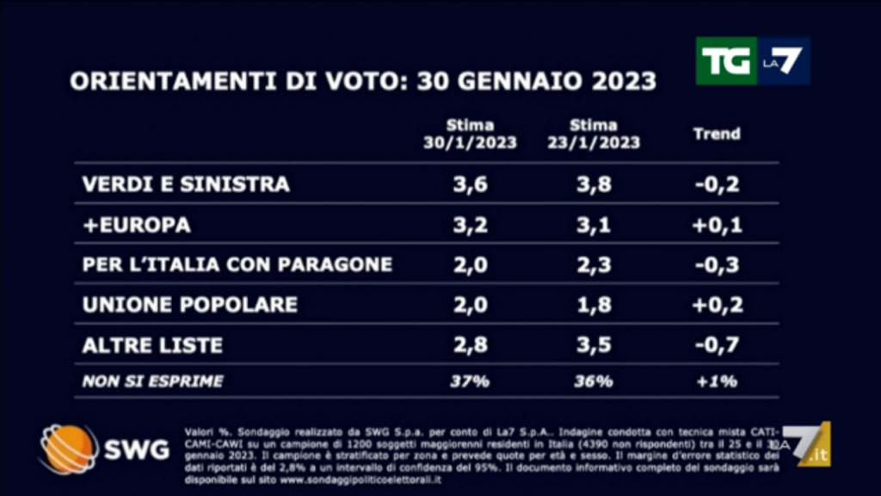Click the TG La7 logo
pyautogui.click(x=753, y=61)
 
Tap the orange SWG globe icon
pyautogui.click(x=68, y=449)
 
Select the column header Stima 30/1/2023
pyautogui.click(x=470, y=134)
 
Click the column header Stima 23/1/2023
pyautogui.click(x=594, y=134)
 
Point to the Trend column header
pyautogui.click(x=717, y=134)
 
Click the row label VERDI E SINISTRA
pyautogui.click(x=186, y=184)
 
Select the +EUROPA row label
pyautogui.click(x=137, y=225)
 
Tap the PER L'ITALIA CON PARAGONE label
pyautogui.click(x=237, y=264)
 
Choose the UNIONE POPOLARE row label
pyautogui.click(x=190, y=304)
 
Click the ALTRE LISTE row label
pyautogui.click(x=152, y=345)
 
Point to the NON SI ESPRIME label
pyautogui.click(x=152, y=381)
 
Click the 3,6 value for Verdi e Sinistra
pyautogui.click(x=469, y=184)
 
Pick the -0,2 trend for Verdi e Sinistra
pyautogui.click(x=717, y=184)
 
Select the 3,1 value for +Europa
pyautogui.click(x=593, y=225)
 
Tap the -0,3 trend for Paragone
pyautogui.click(x=717, y=264)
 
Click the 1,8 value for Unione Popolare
pyautogui.click(x=593, y=304)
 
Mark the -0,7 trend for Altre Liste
pyautogui.click(x=717, y=345)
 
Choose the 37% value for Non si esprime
pyautogui.click(x=469, y=381)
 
